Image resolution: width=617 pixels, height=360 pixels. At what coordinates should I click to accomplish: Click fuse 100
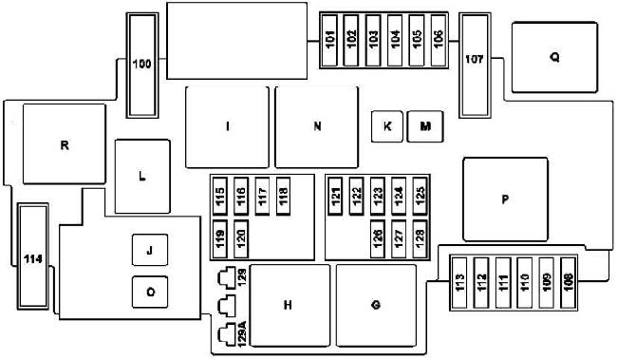pos(142,66)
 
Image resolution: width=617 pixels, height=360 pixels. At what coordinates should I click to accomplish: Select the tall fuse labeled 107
pos(475,66)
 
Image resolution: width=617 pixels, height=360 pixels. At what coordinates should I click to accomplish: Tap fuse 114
pos(33,256)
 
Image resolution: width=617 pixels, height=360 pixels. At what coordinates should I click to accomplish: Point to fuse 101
pos(329,41)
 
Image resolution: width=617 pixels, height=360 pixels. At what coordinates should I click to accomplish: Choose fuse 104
pos(395,41)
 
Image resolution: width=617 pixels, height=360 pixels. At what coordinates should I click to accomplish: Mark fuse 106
pos(439,41)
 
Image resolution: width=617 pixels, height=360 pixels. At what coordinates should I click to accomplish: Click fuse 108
pos(568,283)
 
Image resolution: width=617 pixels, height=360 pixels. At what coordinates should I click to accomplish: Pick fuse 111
pos(503,283)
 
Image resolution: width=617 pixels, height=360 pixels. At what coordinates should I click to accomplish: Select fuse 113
pos(459,283)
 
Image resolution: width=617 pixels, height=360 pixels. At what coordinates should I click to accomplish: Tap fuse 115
pos(220,197)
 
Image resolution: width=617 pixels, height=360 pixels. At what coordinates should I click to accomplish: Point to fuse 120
pos(241,239)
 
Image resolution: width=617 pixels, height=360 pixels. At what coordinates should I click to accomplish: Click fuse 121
pos(335,197)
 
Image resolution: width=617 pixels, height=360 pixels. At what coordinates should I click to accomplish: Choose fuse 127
pos(399,239)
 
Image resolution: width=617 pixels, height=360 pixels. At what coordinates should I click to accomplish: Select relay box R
pos(65,143)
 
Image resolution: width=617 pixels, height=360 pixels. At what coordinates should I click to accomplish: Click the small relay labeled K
pos(387,126)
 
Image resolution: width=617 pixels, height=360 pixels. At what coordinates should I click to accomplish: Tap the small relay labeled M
pos(425,126)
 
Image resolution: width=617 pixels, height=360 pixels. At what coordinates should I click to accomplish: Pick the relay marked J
pos(150,250)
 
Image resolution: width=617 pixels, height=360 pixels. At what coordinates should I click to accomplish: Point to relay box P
pos(506,199)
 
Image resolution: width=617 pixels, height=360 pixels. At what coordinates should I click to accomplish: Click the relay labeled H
pos(290,306)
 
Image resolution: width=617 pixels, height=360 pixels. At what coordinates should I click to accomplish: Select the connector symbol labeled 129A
pos(227,334)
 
